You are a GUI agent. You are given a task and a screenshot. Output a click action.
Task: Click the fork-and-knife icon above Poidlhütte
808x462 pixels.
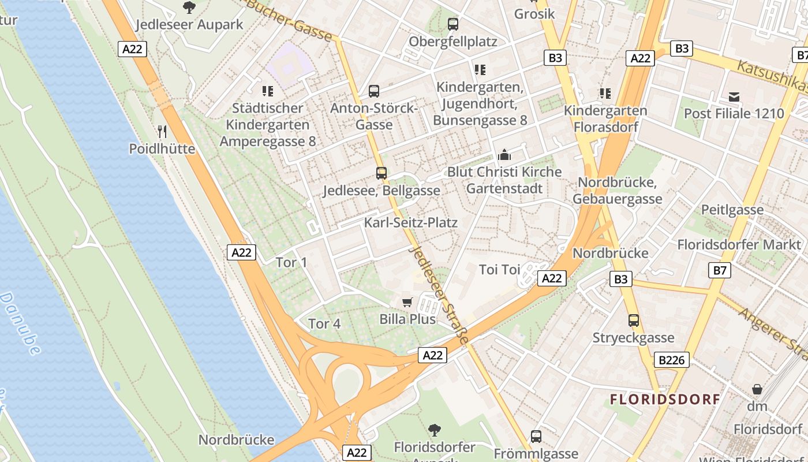[162, 132]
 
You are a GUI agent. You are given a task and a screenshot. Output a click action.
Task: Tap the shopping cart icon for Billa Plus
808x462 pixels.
[407, 302]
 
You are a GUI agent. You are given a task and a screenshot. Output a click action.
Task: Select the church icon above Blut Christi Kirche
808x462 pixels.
[504, 155]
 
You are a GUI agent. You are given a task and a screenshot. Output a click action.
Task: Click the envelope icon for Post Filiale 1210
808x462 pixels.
[734, 96]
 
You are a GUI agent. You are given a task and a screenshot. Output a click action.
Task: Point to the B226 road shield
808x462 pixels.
[672, 360]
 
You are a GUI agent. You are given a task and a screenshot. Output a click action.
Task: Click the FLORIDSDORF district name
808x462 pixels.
[665, 399]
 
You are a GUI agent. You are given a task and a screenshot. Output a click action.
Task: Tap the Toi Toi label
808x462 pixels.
[500, 270]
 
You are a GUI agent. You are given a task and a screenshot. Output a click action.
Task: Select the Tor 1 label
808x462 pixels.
[291, 263]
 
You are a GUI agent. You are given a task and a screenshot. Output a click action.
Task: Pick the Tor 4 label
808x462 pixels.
[324, 324]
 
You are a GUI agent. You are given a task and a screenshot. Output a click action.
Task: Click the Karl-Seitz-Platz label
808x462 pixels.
[411, 223]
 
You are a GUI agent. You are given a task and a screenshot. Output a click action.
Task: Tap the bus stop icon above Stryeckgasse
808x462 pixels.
[634, 321]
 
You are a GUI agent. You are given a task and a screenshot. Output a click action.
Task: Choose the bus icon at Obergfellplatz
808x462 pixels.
[453, 24]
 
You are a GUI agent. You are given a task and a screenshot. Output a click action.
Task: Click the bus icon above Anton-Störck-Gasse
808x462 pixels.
[374, 91]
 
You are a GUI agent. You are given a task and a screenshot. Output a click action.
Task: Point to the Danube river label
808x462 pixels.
[20, 323]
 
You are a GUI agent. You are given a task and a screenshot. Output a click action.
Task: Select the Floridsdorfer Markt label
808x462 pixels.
[739, 244]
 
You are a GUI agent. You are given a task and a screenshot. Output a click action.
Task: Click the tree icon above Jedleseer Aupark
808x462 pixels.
[189, 8]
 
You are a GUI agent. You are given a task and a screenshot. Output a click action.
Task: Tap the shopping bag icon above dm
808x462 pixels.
[757, 390]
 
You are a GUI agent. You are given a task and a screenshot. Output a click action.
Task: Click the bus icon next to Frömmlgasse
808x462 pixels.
[536, 437]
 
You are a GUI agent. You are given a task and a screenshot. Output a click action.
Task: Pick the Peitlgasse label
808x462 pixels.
[732, 210]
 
